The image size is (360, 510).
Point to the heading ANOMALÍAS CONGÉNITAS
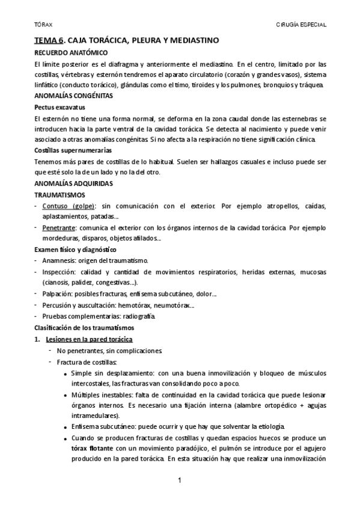72,96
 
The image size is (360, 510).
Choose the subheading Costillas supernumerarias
73,149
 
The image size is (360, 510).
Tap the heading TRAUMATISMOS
59,195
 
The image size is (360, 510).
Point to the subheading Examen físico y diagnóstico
75,249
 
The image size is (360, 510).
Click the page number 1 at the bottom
180,481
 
